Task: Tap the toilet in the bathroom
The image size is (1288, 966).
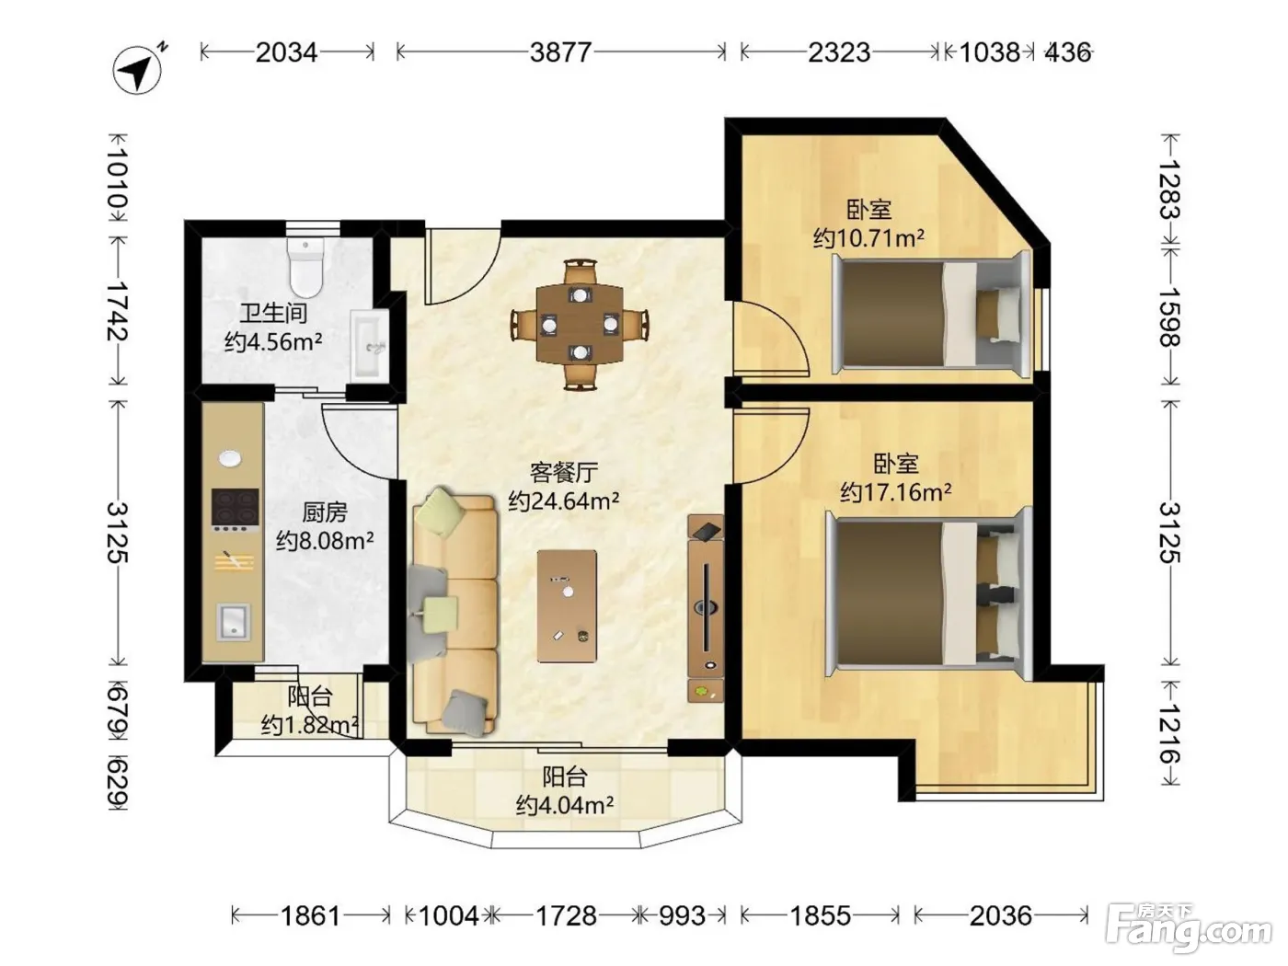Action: pos(305,268)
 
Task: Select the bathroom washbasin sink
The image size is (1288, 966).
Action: pos(370,344)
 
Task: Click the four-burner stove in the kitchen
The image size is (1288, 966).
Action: pos(235,510)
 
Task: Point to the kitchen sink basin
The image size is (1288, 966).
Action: pos(234,622)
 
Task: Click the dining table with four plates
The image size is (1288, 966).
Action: pos(580,325)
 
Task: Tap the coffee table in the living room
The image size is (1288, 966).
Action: pos(567,606)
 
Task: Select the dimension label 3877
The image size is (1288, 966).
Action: pos(560,52)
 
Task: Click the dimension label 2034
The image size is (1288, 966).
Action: pos(286,52)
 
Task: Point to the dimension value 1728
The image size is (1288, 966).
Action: pos(566,915)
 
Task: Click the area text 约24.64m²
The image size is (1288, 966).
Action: pos(563,500)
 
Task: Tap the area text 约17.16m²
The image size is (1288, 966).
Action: pos(895,492)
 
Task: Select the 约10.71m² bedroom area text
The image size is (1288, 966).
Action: pos(868,238)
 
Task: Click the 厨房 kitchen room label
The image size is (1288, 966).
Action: pos(325,512)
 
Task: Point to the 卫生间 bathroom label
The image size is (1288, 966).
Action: pos(273,314)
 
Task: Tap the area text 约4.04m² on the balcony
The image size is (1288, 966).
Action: pos(565,805)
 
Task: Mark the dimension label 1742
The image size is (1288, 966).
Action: pos(117,311)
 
